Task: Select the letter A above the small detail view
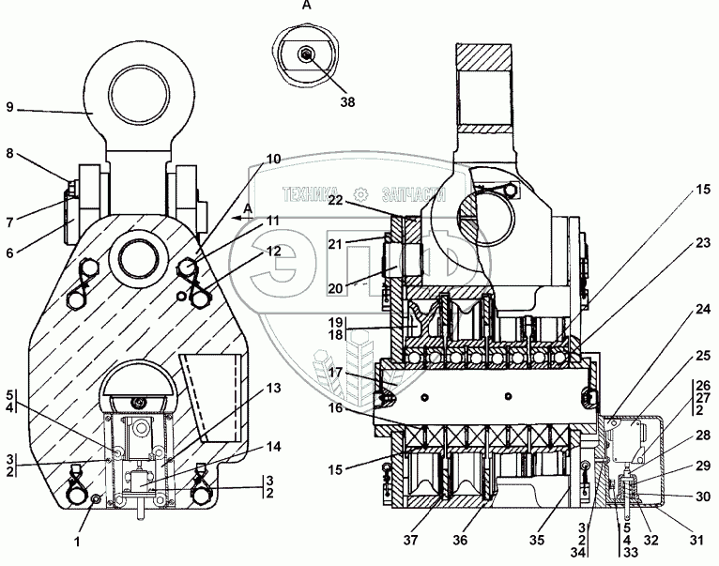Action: click(x=305, y=6)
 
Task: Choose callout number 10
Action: click(x=272, y=160)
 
